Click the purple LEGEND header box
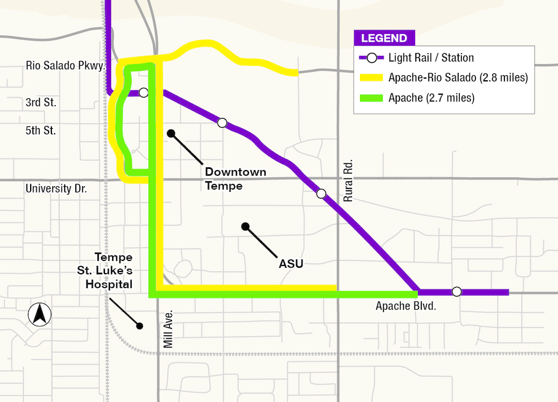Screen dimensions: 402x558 (x=384, y=38)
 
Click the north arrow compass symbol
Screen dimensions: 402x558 (x=40, y=314)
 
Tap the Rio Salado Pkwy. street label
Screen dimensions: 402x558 (x=66, y=66)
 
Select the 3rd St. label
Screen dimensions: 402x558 (x=41, y=103)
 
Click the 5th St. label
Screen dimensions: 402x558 (x=41, y=131)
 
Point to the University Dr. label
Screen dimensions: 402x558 (x=56, y=189)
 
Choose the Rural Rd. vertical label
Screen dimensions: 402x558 (x=349, y=181)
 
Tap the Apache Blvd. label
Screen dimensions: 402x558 (x=405, y=306)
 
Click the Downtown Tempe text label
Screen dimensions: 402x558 (x=235, y=179)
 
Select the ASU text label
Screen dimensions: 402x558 (x=291, y=264)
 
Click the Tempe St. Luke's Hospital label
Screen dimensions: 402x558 (x=109, y=270)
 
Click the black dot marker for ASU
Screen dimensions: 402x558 (x=244, y=226)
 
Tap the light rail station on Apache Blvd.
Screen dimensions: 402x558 (x=456, y=292)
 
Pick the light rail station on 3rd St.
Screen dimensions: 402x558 (x=143, y=93)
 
